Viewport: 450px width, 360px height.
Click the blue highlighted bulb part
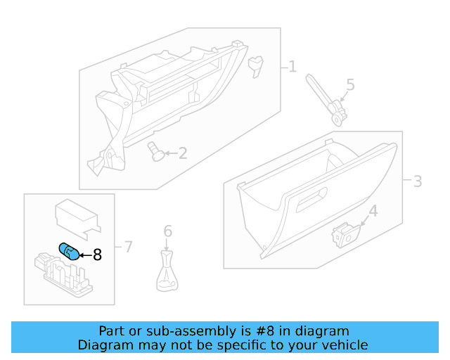[68, 250]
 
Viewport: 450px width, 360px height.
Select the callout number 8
[97, 255]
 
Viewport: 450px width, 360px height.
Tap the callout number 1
[292, 67]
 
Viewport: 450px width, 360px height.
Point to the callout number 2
[182, 153]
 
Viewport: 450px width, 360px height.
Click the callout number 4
[373, 210]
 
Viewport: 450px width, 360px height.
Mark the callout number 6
[167, 231]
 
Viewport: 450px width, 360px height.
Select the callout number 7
[128, 246]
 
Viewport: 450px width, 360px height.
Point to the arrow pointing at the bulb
[84, 255]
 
